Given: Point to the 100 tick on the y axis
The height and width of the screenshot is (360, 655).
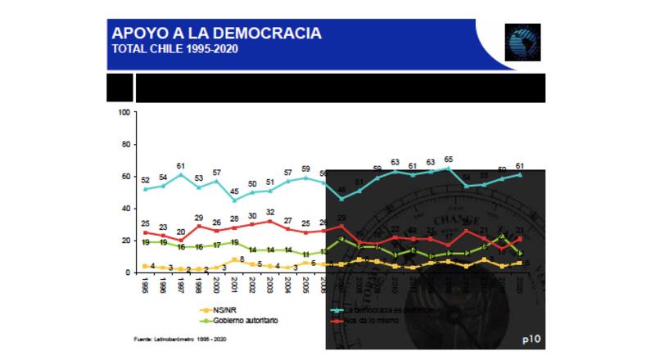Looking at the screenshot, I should pyautogui.click(x=125, y=112).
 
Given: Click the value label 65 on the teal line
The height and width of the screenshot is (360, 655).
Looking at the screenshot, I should pyautogui.click(x=449, y=159).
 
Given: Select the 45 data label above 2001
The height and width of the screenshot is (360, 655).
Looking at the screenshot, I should pyautogui.click(x=235, y=191).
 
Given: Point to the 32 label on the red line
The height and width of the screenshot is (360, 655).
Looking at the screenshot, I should pyautogui.click(x=270, y=212).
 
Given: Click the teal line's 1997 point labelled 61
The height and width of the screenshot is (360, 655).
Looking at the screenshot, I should pyautogui.click(x=181, y=173).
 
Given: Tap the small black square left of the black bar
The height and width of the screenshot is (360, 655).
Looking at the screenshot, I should pyautogui.click(x=120, y=88).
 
